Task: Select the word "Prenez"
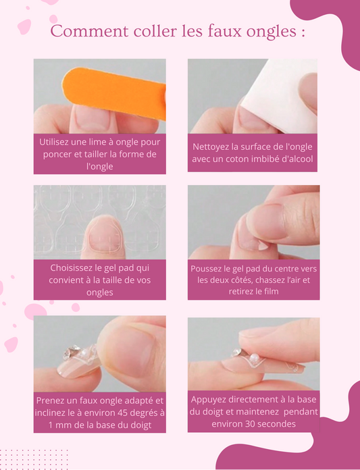[x=55, y=400]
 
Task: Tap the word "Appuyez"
[x=211, y=399]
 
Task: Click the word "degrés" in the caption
[x=140, y=412]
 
